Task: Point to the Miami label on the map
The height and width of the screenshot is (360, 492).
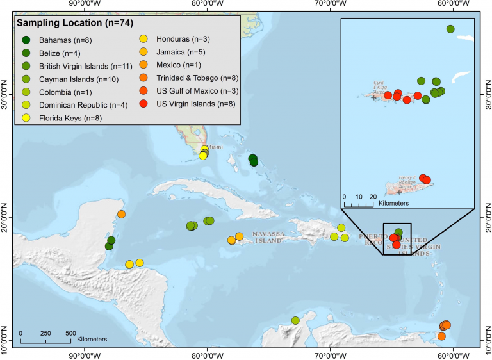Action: (x=215, y=147)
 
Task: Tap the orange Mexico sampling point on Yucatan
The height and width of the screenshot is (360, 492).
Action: (x=121, y=214)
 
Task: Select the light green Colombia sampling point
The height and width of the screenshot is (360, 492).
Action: (x=295, y=320)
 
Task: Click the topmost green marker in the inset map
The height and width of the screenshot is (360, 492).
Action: (x=450, y=29)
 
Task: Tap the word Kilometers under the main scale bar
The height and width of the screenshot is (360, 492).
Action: (x=90, y=338)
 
